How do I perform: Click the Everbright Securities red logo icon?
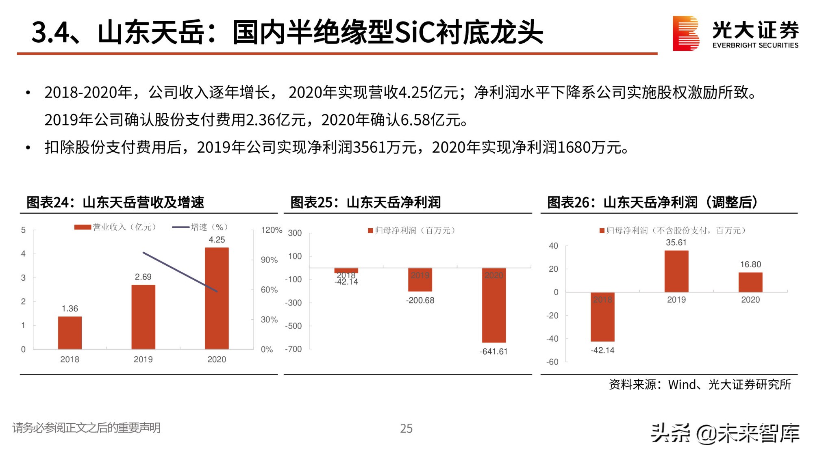685,33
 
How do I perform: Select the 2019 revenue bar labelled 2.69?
143,316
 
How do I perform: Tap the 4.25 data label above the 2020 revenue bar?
217,240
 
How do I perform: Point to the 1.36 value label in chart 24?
70,309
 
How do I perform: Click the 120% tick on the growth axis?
271,230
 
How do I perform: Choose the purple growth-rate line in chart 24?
180,272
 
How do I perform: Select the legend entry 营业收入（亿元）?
115,227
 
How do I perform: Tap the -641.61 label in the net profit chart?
493,351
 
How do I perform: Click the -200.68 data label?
420,301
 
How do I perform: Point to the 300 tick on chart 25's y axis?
295,233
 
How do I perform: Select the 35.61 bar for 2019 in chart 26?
676,271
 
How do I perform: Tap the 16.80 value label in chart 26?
750,264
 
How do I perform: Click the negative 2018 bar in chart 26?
602,317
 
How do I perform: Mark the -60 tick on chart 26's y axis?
552,362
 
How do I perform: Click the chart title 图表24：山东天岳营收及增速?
115,202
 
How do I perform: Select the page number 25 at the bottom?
406,428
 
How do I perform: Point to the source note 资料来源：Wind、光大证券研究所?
700,384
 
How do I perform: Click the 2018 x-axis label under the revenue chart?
70,360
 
